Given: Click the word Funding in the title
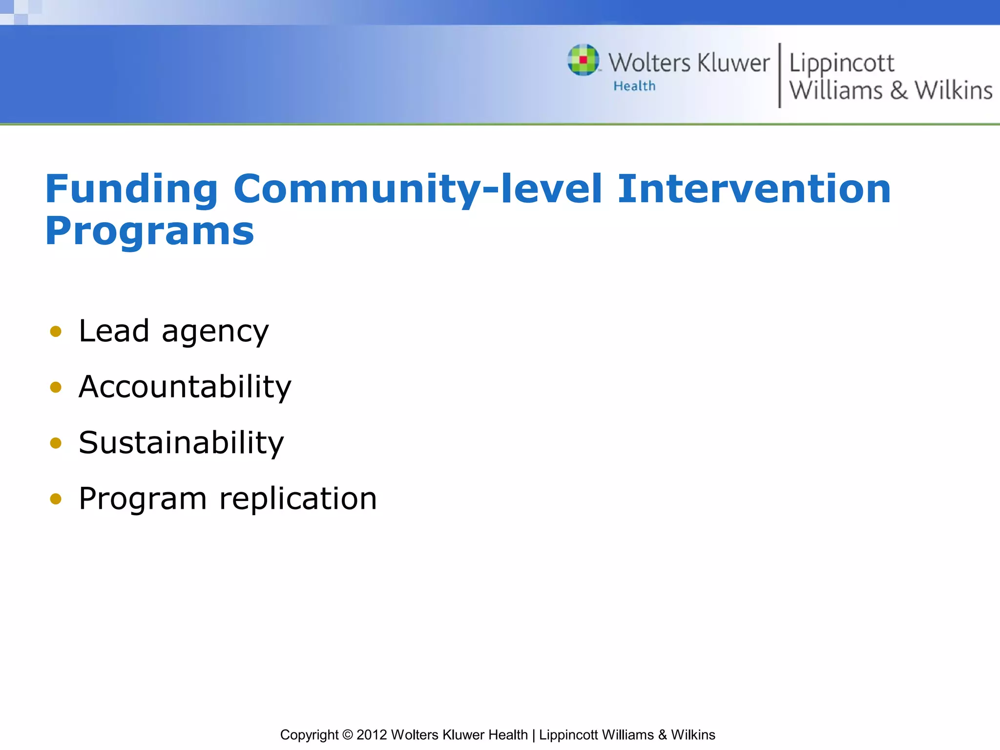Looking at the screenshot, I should (x=131, y=189).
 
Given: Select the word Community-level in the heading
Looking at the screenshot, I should (x=417, y=189).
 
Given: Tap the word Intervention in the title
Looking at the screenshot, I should (x=754, y=189).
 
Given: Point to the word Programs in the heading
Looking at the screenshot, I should (x=149, y=231).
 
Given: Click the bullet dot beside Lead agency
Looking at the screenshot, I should (x=56, y=332).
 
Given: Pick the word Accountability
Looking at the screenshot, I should (x=185, y=387).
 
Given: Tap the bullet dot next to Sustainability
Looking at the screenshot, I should (x=56, y=443).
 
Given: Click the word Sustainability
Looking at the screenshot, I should (x=181, y=443).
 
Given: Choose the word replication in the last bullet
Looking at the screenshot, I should (x=298, y=499).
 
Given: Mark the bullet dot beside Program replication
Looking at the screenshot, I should (x=56, y=499).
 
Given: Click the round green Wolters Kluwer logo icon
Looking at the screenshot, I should (x=583, y=60).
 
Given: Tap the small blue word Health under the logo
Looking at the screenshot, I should (x=634, y=86).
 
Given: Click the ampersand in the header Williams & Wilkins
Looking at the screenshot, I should (x=898, y=91).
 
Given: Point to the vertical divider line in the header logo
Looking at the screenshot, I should (x=779, y=75).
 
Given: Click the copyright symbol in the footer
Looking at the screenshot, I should (x=347, y=735).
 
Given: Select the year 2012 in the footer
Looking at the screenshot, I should (x=372, y=735).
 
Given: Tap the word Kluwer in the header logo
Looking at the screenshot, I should (x=733, y=63).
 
